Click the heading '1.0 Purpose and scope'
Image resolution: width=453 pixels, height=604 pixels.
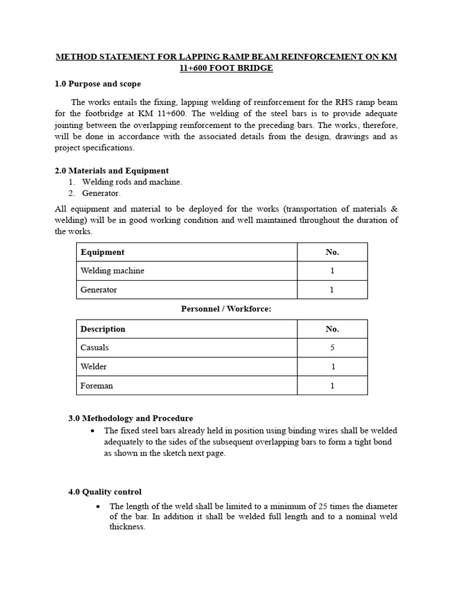(x=97, y=84)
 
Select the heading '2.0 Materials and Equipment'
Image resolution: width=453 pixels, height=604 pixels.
(x=111, y=171)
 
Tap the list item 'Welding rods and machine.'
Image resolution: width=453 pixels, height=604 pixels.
(x=132, y=182)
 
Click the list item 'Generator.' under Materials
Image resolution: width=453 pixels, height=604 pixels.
(x=101, y=193)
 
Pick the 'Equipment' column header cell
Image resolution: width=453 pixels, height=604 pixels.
(x=103, y=252)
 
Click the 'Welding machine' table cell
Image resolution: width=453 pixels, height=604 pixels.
(x=113, y=271)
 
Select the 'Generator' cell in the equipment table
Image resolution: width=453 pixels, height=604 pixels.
(x=99, y=290)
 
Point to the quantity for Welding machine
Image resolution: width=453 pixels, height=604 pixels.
(x=332, y=271)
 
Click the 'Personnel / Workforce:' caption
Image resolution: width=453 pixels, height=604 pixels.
(x=226, y=310)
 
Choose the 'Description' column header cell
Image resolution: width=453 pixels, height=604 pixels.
(x=103, y=329)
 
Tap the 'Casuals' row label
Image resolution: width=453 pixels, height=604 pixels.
(x=94, y=348)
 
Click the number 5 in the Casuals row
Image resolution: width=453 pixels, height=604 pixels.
(x=332, y=348)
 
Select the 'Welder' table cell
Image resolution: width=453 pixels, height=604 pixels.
(x=94, y=367)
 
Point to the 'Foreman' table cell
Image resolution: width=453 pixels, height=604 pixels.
(x=97, y=386)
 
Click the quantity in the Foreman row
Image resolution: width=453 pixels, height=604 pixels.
(x=332, y=386)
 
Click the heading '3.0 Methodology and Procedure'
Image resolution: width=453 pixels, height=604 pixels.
(x=130, y=418)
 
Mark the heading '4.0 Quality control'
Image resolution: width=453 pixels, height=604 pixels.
(x=105, y=491)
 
